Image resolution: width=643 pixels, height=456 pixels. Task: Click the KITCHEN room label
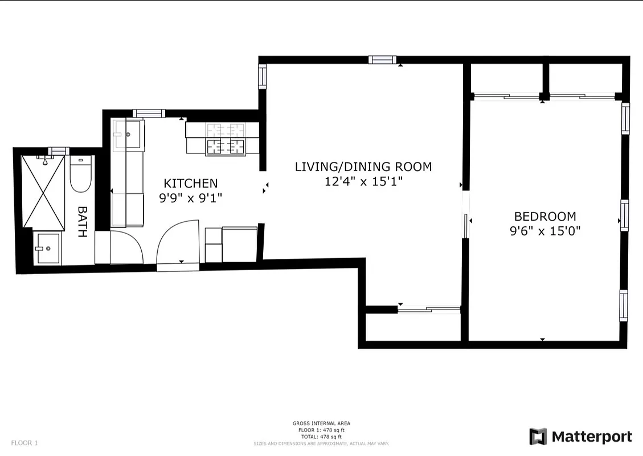pyautogui.click(x=190, y=184)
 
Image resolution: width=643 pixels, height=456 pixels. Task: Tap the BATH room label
pyautogui.click(x=82, y=222)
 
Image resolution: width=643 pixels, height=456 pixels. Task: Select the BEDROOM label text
pyautogui.click(x=544, y=217)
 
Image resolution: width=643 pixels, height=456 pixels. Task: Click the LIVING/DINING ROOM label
pyautogui.click(x=363, y=167)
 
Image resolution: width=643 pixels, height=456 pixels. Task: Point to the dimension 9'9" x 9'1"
pyautogui.click(x=190, y=198)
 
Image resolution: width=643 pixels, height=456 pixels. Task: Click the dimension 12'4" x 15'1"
pyautogui.click(x=363, y=182)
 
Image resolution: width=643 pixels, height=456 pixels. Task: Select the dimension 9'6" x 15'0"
pyautogui.click(x=544, y=231)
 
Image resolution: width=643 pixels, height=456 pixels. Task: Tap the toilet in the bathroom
pyautogui.click(x=80, y=174)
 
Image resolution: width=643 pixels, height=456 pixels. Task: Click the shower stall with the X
pyautogui.click(x=43, y=190)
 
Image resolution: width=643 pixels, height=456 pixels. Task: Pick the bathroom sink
pyautogui.click(x=49, y=249)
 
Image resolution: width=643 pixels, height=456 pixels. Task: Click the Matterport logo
pyautogui.click(x=580, y=437)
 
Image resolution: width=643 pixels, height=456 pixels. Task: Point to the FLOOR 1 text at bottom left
pyautogui.click(x=24, y=443)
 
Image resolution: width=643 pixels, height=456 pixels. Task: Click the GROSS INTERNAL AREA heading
pyautogui.click(x=321, y=424)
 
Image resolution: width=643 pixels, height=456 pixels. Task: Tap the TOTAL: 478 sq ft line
pyautogui.click(x=321, y=437)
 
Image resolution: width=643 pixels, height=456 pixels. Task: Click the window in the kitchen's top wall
pyautogui.click(x=149, y=113)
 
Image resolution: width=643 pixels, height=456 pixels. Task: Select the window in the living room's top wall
pyautogui.click(x=382, y=60)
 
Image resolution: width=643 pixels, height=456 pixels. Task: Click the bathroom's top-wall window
pyautogui.click(x=58, y=151)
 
